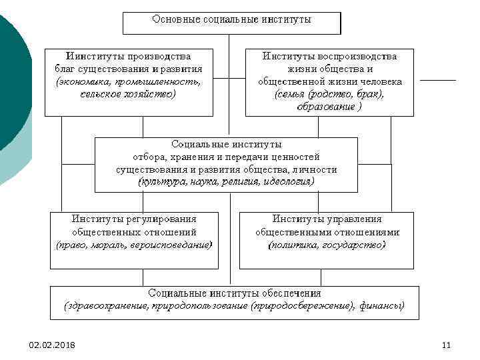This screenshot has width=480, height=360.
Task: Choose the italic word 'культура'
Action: (162, 181)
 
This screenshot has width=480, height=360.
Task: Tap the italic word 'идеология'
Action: (287, 181)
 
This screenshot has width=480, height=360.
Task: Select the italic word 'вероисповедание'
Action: (174, 245)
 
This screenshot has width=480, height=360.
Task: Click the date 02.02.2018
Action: (52, 345)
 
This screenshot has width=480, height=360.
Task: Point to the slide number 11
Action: (446, 345)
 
